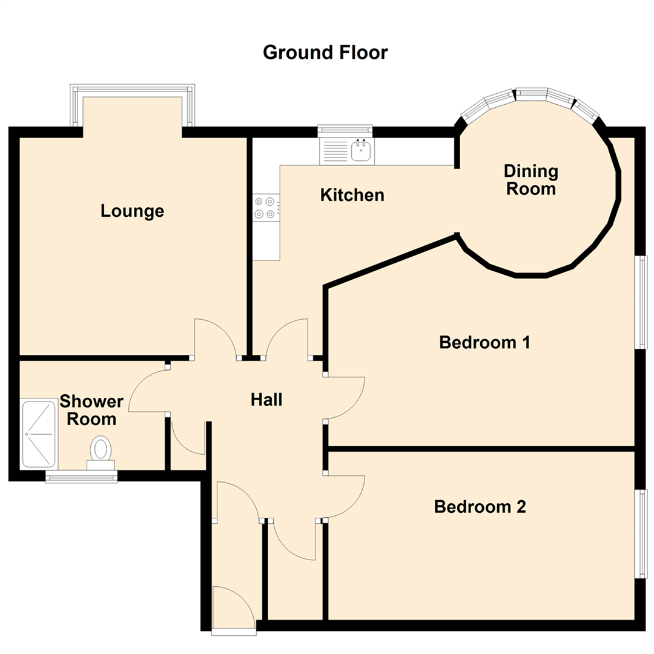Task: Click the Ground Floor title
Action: pyautogui.click(x=325, y=53)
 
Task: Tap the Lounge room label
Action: pyautogui.click(x=132, y=211)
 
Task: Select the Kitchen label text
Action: pyautogui.click(x=352, y=195)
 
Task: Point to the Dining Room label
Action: pyautogui.click(x=530, y=179)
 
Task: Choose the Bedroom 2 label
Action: pyautogui.click(x=480, y=506)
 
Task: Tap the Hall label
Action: pyautogui.click(x=267, y=400)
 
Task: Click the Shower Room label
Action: pyautogui.click(x=91, y=410)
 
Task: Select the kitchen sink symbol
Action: pyautogui.click(x=362, y=150)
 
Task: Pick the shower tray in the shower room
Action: pyautogui.click(x=39, y=434)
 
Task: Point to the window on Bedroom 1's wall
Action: pyautogui.click(x=641, y=302)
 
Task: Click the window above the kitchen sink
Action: pyautogui.click(x=345, y=128)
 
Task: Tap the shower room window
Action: pyautogui.click(x=82, y=477)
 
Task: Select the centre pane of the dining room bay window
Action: pyautogui.click(x=531, y=93)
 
